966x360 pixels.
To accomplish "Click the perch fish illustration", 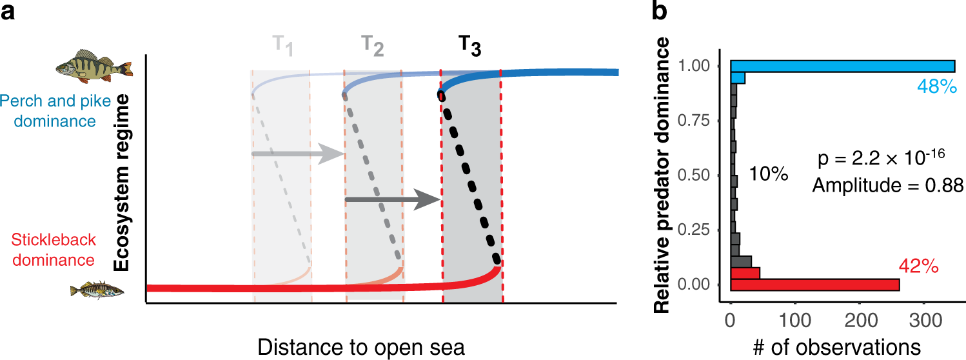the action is (x=94, y=65).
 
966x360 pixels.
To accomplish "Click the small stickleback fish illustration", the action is (x=96, y=291).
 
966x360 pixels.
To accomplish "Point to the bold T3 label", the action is (x=469, y=46).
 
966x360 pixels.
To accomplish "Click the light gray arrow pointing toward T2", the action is (x=297, y=154).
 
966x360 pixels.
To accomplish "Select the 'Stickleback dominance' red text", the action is (x=47, y=250).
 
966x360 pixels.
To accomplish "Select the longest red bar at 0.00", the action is (x=815, y=285).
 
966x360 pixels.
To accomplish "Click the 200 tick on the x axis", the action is (x=860, y=320).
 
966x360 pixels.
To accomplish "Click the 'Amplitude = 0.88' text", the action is (x=887, y=186).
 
